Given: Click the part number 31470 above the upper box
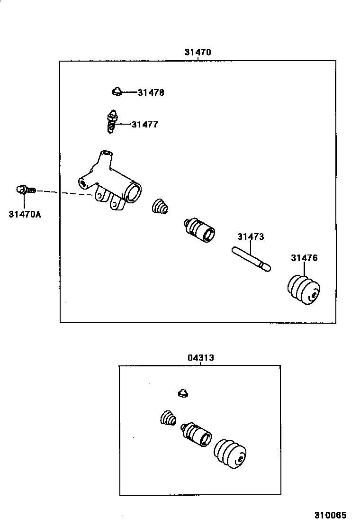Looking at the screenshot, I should [198, 52].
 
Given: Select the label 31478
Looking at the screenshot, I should [151, 93].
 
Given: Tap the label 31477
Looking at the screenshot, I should [144, 125].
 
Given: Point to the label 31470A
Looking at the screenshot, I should [25, 214].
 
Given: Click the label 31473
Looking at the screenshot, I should [251, 237].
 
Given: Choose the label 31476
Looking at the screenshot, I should [304, 258].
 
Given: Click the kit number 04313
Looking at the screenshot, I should [201, 358].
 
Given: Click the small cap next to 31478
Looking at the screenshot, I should [117, 91].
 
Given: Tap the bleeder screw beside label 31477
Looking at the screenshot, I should [111, 122].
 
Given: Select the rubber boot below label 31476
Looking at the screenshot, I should [305, 289].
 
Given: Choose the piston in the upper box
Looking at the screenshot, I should [199, 229].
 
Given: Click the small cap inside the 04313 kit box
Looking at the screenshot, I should [183, 393].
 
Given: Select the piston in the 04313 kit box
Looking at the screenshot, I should [197, 433].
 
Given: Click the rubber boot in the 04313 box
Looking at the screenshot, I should [231, 454].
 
